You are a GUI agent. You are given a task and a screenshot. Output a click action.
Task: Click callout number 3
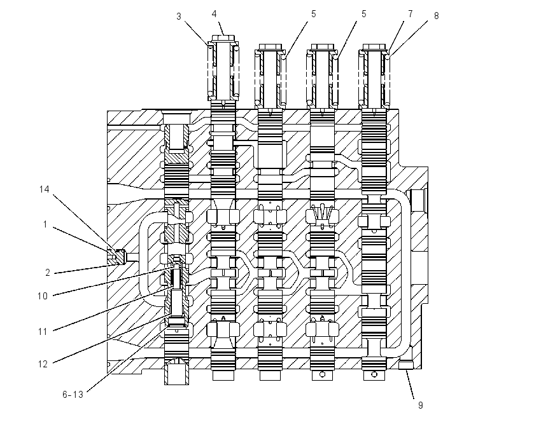coord(179,17)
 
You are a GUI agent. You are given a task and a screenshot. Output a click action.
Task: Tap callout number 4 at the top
coord(214,14)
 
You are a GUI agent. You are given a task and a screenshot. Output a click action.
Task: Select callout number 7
coord(411,14)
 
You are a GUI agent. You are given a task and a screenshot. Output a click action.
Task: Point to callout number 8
coord(436,16)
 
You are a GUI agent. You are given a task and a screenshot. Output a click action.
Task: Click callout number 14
coord(44,189)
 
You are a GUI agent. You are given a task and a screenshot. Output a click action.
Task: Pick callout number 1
coord(45,224)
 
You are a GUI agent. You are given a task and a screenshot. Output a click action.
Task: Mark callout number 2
coord(48,273)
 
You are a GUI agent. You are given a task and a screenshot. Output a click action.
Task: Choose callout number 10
coord(43,296)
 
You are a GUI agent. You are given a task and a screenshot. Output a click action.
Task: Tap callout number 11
coord(43,332)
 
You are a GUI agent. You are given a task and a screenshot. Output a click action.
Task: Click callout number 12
coord(43,364)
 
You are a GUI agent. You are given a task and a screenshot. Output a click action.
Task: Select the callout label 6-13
coord(73,395)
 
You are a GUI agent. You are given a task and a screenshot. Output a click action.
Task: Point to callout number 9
coord(420,405)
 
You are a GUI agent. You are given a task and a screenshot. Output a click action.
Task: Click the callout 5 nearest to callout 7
coord(363,14)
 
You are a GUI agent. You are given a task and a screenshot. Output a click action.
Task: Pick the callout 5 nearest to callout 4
coord(313,14)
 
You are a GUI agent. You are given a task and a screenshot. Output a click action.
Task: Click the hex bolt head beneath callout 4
coord(223,38)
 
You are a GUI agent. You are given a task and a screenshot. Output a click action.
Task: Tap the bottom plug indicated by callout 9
coord(406,365)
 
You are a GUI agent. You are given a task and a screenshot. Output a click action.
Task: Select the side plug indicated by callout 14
coord(116,257)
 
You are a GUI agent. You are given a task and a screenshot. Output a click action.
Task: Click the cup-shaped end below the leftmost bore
coord(176,371)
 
